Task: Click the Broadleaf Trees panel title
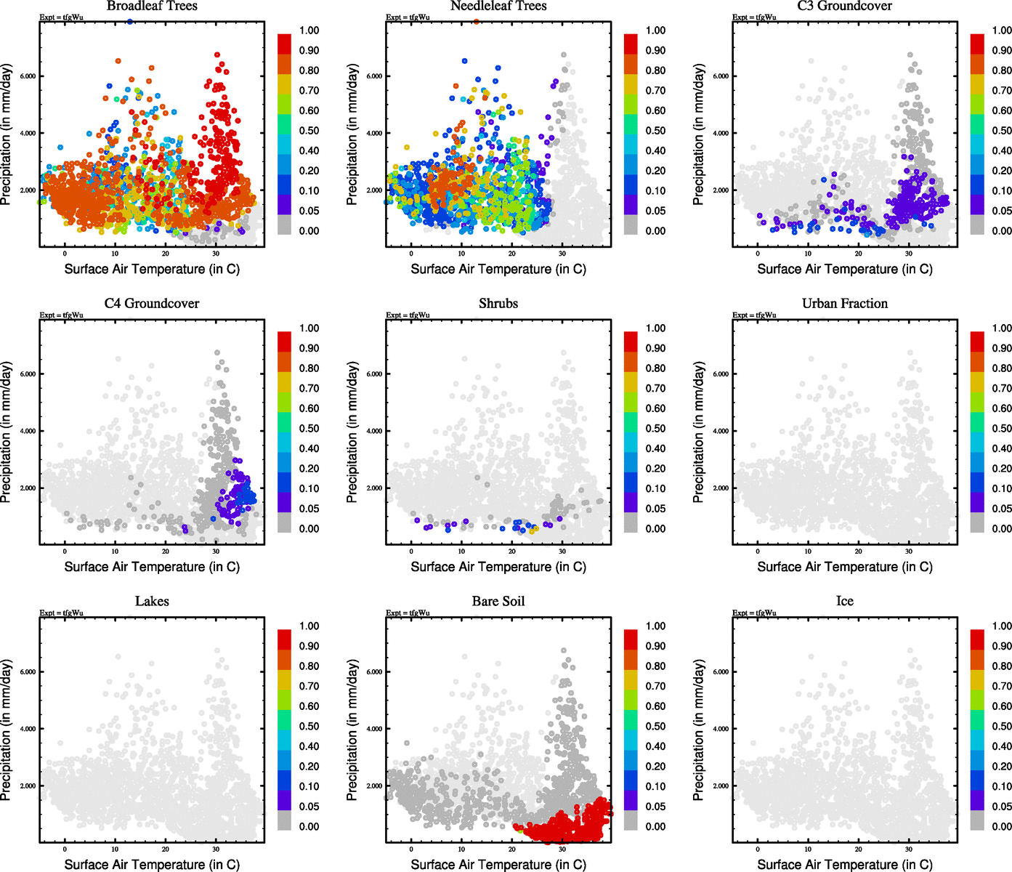tap(152, 7)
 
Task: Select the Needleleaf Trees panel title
tap(498, 7)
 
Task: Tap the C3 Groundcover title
tap(844, 7)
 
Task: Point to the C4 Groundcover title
tap(152, 304)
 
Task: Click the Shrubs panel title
tap(498, 304)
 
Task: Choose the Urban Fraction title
tap(844, 304)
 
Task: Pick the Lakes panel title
tap(152, 602)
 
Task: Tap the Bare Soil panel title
tap(498, 602)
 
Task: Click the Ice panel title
tap(844, 602)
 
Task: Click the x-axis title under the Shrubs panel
tap(498, 567)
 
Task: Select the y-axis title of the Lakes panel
tap(7, 730)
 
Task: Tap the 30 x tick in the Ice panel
tap(909, 849)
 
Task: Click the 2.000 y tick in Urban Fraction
tap(720, 488)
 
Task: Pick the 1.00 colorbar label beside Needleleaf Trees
tap(655, 31)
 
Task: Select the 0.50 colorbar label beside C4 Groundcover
tap(309, 429)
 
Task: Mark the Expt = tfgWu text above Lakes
tap(61, 613)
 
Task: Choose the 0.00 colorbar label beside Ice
tap(1002, 826)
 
